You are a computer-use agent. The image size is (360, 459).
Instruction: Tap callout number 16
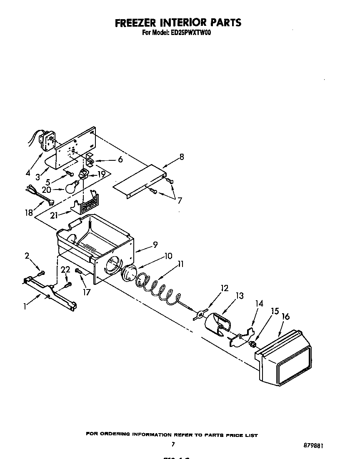[285, 317]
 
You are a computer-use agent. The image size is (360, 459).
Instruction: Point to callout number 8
[181, 157]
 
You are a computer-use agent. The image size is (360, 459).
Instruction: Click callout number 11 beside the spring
[180, 264]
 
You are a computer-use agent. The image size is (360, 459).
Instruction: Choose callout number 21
[53, 215]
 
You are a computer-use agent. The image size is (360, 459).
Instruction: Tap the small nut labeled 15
[252, 344]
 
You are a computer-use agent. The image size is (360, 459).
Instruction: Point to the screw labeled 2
[41, 274]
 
